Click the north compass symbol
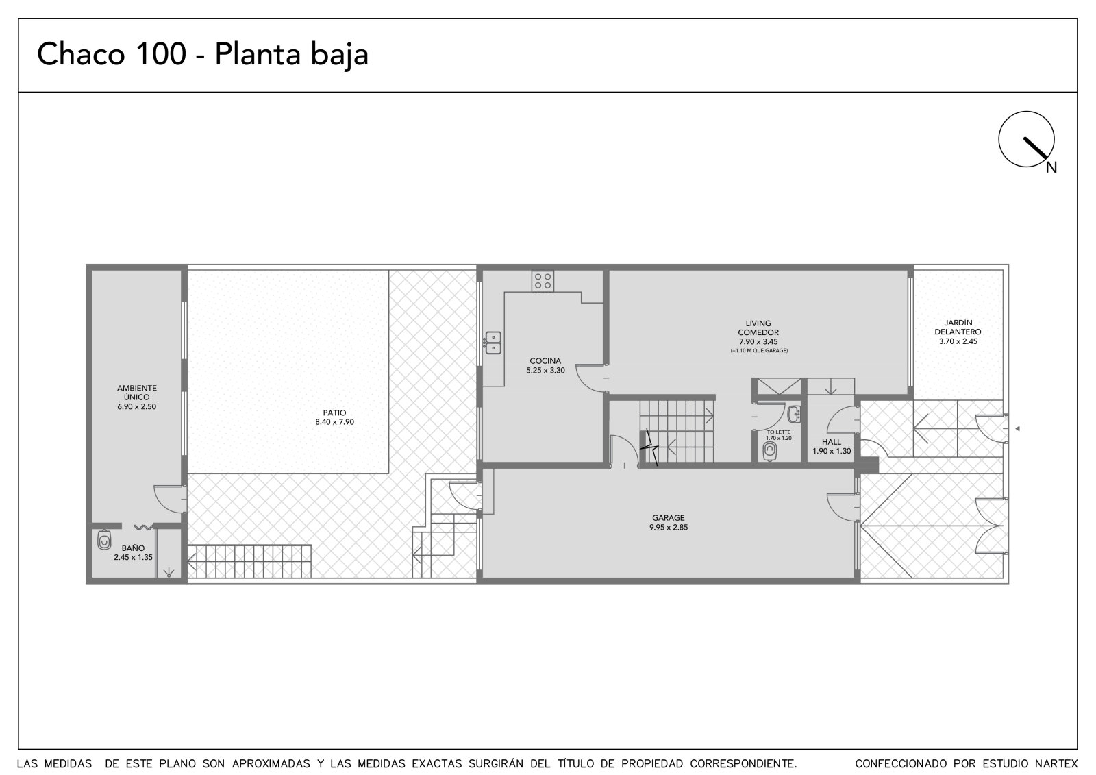point(1026,139)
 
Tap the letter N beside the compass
point(1051,167)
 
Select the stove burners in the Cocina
point(543,282)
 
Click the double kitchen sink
point(493,343)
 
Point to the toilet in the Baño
point(103,540)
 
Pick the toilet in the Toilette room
point(770,451)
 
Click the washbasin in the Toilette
point(794,414)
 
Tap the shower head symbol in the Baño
point(169,571)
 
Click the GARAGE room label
point(669,517)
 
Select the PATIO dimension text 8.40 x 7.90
point(335,422)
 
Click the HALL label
point(832,442)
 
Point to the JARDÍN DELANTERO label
point(958,327)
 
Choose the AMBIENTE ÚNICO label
point(136,393)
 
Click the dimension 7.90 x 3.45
point(758,342)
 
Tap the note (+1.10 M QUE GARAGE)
point(759,351)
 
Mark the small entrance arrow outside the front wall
point(1017,429)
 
